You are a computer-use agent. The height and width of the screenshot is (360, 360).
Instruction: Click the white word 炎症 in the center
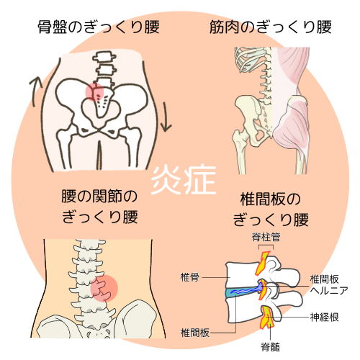[x=184, y=180]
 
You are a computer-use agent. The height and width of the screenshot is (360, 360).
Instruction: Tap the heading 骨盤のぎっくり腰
[x=99, y=27]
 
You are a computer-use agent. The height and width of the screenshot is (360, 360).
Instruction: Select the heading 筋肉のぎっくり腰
[x=271, y=27]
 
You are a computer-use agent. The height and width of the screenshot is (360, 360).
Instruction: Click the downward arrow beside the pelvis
[x=166, y=117]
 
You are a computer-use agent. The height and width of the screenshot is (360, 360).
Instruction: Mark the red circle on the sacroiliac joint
[x=94, y=92]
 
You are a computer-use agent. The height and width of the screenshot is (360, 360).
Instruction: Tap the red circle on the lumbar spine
[x=104, y=288]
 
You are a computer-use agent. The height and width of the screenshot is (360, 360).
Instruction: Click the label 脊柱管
[x=266, y=237]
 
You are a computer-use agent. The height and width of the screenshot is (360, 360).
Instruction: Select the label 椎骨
[x=189, y=277]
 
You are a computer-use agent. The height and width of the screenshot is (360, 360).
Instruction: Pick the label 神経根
[x=324, y=318]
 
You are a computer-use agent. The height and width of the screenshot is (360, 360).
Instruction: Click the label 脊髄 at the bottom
[x=271, y=347]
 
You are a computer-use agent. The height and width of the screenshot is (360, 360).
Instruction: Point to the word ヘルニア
[x=329, y=291]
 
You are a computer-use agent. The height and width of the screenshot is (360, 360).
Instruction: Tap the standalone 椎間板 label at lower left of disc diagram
[x=195, y=333]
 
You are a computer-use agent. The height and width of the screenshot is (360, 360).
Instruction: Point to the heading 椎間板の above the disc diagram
[x=271, y=199]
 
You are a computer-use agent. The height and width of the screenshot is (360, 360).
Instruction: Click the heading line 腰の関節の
[x=99, y=196]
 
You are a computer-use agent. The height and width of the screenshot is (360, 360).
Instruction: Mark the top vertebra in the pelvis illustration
[x=104, y=57]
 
